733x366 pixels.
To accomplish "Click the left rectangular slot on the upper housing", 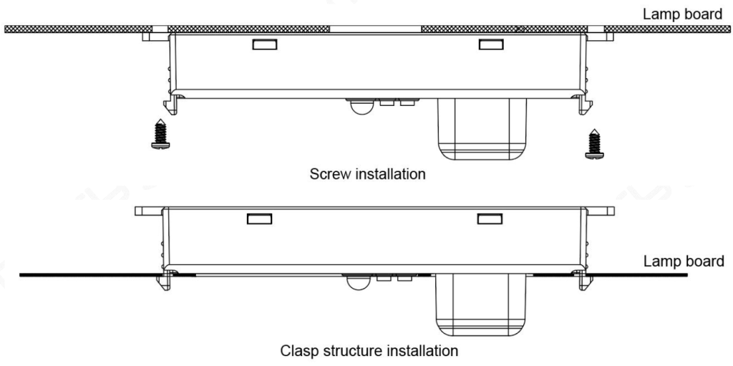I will pos(263,44).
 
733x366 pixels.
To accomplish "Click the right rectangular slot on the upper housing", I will pos(490,44).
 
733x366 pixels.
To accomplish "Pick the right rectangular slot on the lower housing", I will pos(490,219).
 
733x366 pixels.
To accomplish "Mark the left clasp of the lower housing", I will pos(170,279).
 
